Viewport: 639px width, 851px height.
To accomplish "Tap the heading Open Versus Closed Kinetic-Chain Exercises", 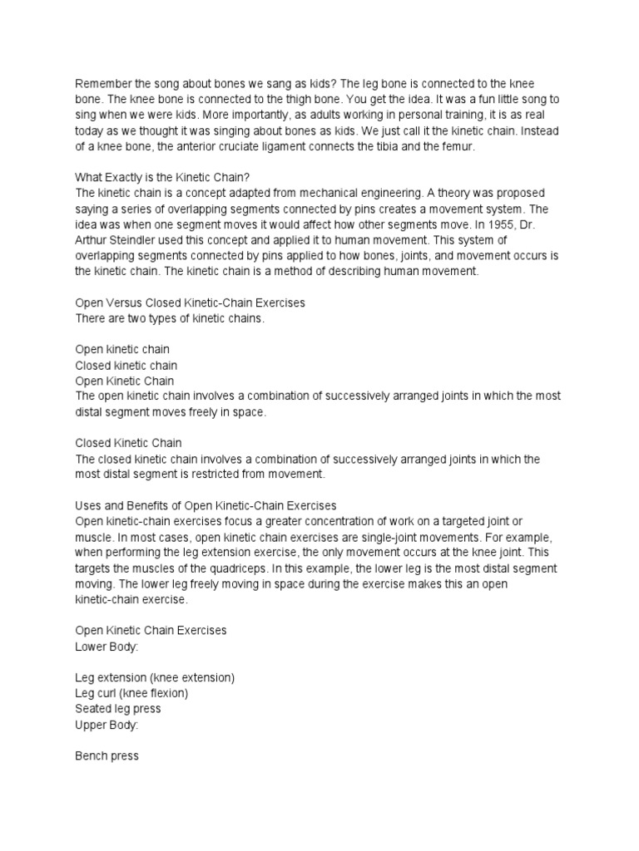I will point(191,303).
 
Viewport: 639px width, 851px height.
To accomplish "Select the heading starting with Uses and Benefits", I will point(206,506).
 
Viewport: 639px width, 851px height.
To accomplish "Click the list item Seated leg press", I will point(118,709).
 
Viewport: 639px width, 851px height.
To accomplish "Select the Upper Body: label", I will point(106,725).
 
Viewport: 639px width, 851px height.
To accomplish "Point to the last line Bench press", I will point(107,756).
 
